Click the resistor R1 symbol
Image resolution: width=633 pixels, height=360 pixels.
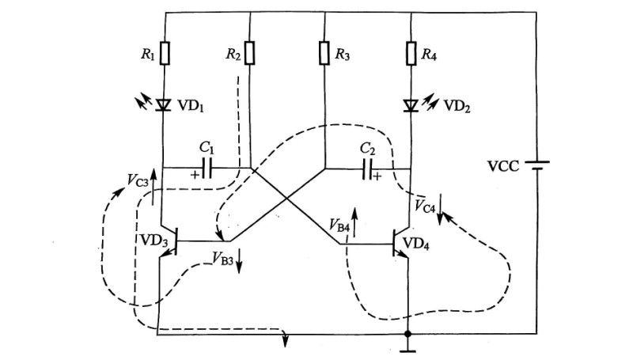165,54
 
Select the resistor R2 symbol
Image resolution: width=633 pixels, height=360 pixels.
250,54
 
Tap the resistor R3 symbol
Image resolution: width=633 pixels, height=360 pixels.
324,54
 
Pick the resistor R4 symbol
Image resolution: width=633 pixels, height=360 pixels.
411,54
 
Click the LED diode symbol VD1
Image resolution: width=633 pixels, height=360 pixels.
165,104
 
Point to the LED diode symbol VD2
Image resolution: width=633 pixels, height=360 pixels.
411,104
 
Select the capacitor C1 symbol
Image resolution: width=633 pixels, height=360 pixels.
207,168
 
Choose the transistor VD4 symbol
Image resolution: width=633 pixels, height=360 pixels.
400,244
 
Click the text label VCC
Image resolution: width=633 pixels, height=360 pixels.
503,167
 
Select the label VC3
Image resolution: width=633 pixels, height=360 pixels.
138,179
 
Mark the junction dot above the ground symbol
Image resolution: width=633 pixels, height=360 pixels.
407,335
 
